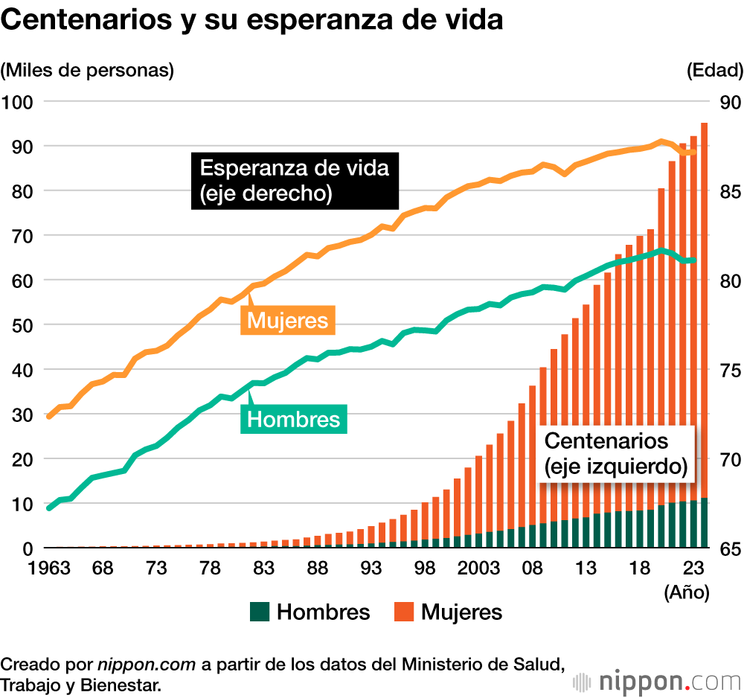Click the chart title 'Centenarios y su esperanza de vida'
point(252,21)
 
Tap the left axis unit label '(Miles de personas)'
point(87,71)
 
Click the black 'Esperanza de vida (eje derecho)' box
point(295,181)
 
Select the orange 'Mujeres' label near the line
point(287,321)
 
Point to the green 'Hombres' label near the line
point(293,420)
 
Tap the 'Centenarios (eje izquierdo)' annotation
point(615,453)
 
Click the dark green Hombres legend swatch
point(259,612)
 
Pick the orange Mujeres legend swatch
point(403,612)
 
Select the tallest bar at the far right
point(704,335)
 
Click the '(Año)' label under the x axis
point(687,593)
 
